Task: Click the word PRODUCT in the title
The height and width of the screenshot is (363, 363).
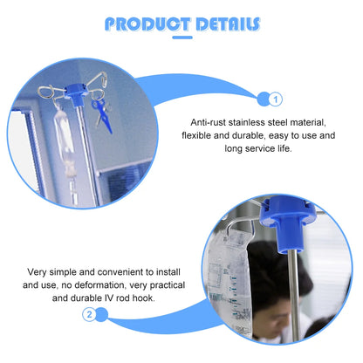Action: (140, 24)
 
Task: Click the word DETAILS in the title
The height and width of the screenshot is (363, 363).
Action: (218, 24)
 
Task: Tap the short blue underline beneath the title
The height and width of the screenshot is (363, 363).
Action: (181, 38)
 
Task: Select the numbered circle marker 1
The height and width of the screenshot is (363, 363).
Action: (277, 99)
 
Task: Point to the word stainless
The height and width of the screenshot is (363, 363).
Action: (253, 123)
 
